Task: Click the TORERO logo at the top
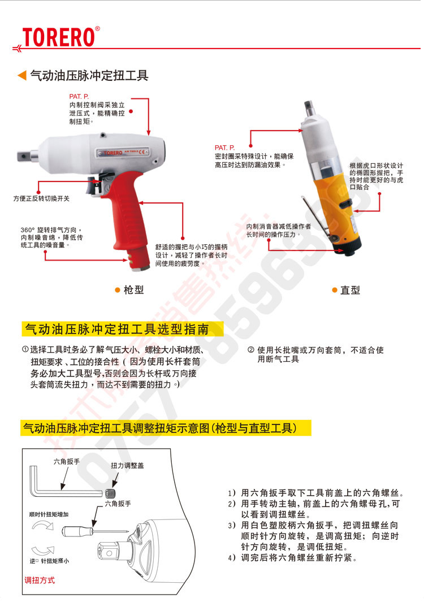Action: tap(58, 37)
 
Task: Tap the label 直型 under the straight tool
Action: tap(350, 291)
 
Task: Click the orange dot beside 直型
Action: tap(335, 290)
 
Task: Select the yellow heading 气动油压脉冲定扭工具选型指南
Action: tap(115, 329)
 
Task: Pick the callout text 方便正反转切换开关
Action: tap(41, 198)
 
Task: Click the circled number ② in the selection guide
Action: tap(250, 350)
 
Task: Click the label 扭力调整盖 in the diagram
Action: tap(127, 465)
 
